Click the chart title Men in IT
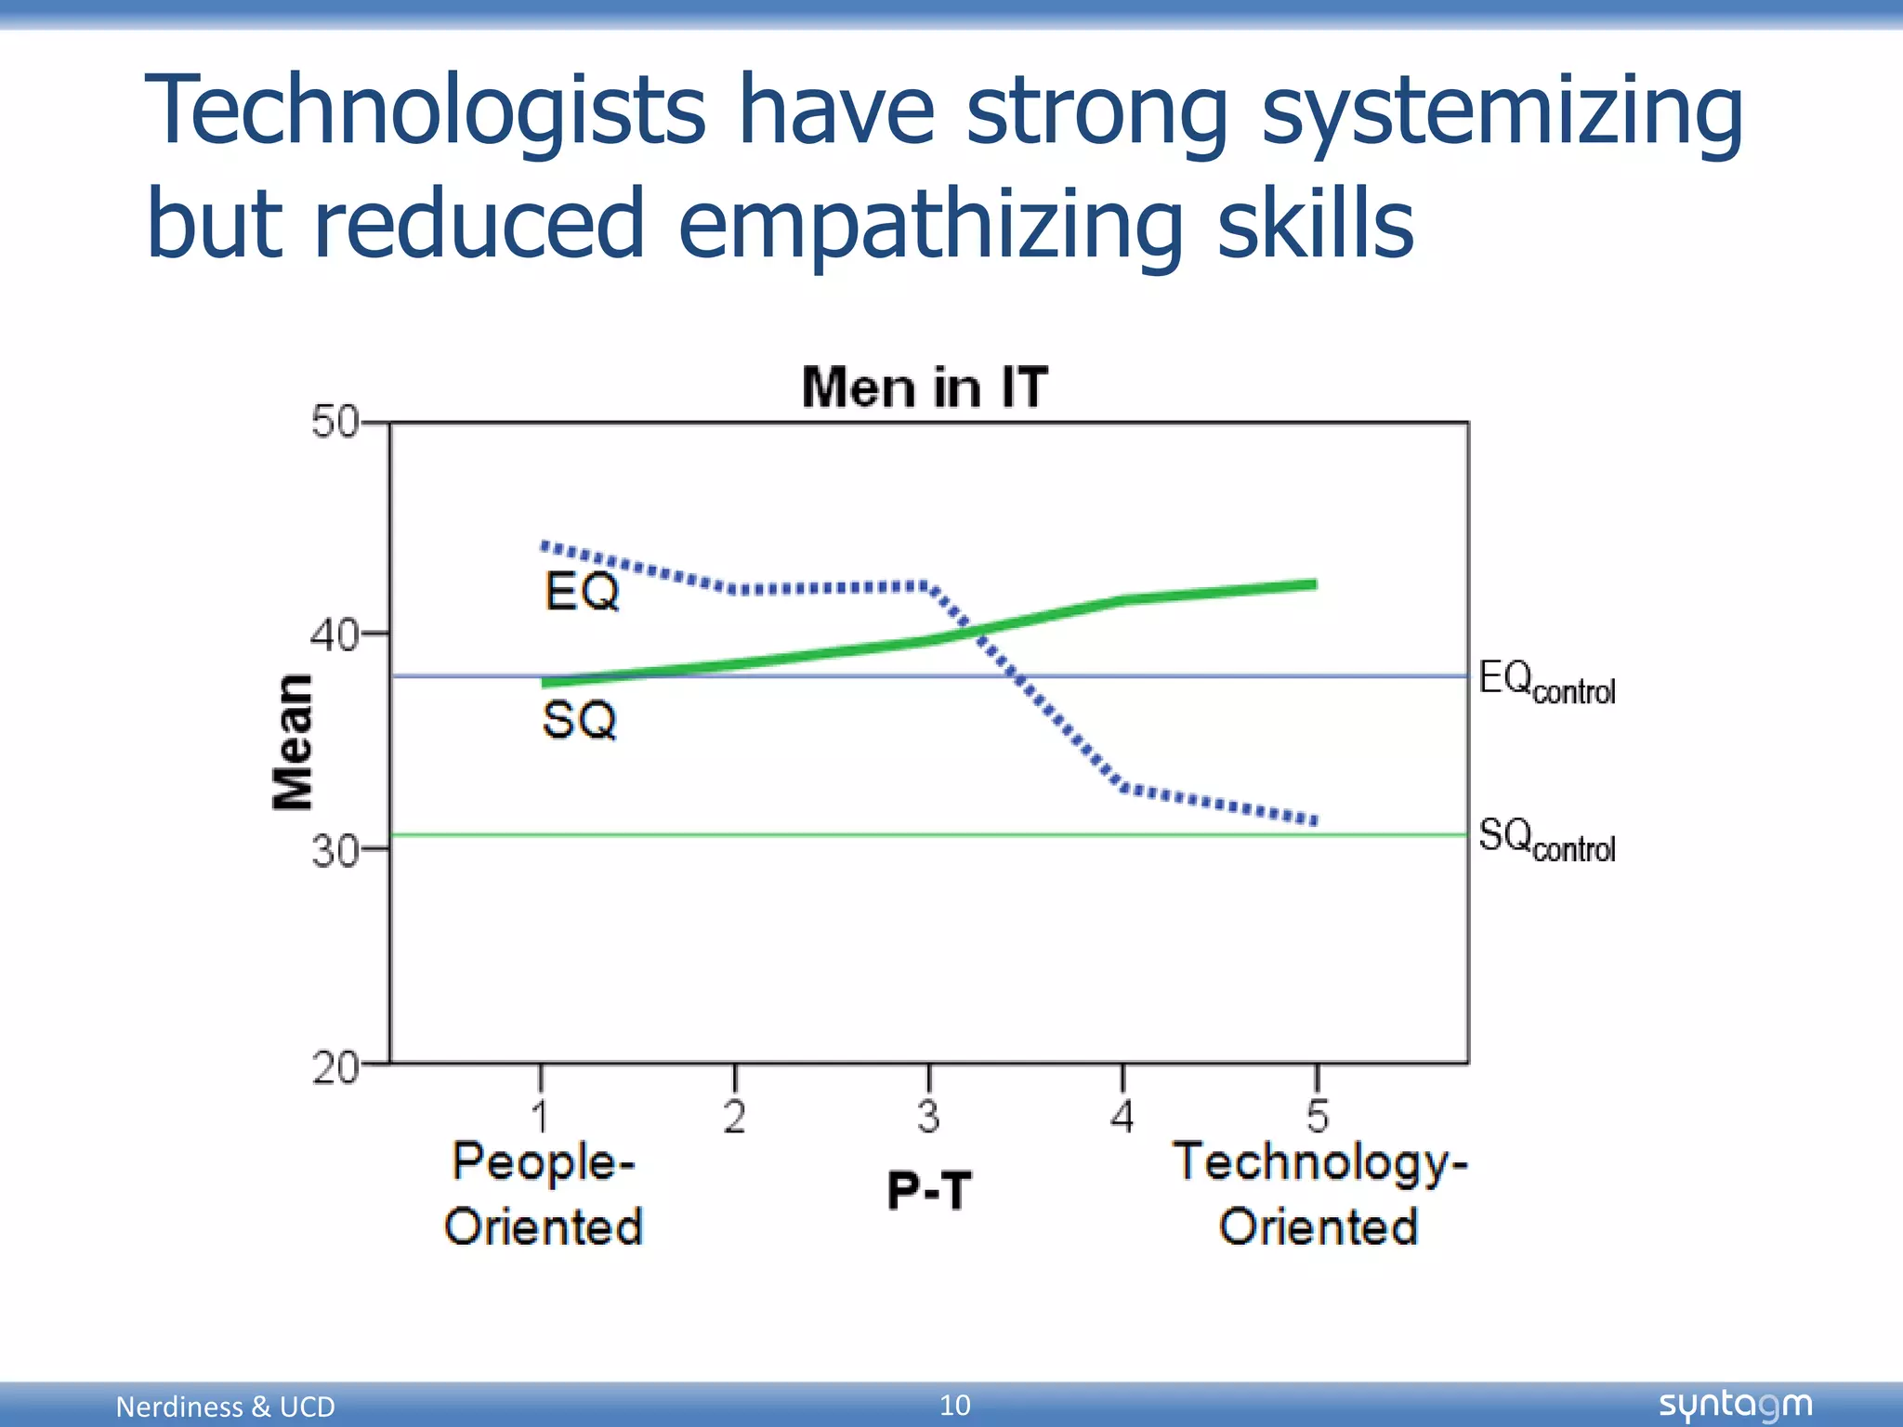coord(925,387)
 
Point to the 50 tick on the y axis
coord(335,423)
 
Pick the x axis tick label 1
coord(541,1116)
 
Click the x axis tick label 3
coord(928,1116)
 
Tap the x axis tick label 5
coord(1317,1116)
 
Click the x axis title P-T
coord(928,1190)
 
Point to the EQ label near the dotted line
coord(582,592)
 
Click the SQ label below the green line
coord(579,720)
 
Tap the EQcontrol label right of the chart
coord(1546,682)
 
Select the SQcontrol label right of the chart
coord(1546,839)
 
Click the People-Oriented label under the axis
coord(544,1194)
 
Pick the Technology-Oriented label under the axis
coord(1319,1194)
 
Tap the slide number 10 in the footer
coord(954,1405)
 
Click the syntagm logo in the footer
coord(1735,1405)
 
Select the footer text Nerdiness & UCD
coord(225,1407)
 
